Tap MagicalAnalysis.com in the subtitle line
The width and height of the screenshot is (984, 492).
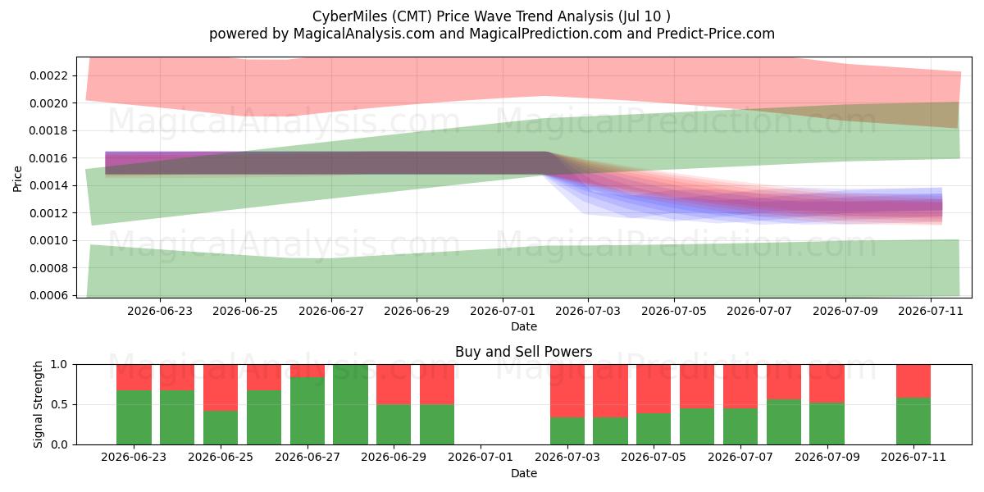pos(364,34)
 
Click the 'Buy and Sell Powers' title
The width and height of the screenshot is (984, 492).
pos(524,352)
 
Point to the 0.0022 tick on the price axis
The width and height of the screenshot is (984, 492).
pos(48,75)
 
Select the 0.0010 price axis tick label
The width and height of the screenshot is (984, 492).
pos(48,241)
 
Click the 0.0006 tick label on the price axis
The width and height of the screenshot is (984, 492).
pos(48,296)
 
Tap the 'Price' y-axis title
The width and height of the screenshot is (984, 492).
pos(17,180)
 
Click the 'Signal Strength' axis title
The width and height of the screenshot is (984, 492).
pos(39,404)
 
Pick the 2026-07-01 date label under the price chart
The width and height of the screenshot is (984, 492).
pos(503,311)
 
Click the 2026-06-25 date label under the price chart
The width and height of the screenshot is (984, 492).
pos(245,311)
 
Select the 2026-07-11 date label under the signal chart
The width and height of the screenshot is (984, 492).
pos(913,458)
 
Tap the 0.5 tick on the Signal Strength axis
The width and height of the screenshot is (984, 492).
pos(59,404)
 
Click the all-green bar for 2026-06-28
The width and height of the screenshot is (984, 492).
pos(351,404)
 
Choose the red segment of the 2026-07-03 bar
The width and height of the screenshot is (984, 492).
pos(567,391)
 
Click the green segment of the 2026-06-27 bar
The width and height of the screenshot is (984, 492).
pos(307,411)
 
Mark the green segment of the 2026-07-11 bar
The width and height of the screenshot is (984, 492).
pos(913,421)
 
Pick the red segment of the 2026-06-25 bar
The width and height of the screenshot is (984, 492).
pos(221,388)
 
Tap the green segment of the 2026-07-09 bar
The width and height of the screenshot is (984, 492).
pos(827,424)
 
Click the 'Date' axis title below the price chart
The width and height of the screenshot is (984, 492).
pos(524,327)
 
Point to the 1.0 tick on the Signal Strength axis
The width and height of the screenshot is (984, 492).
pos(59,365)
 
